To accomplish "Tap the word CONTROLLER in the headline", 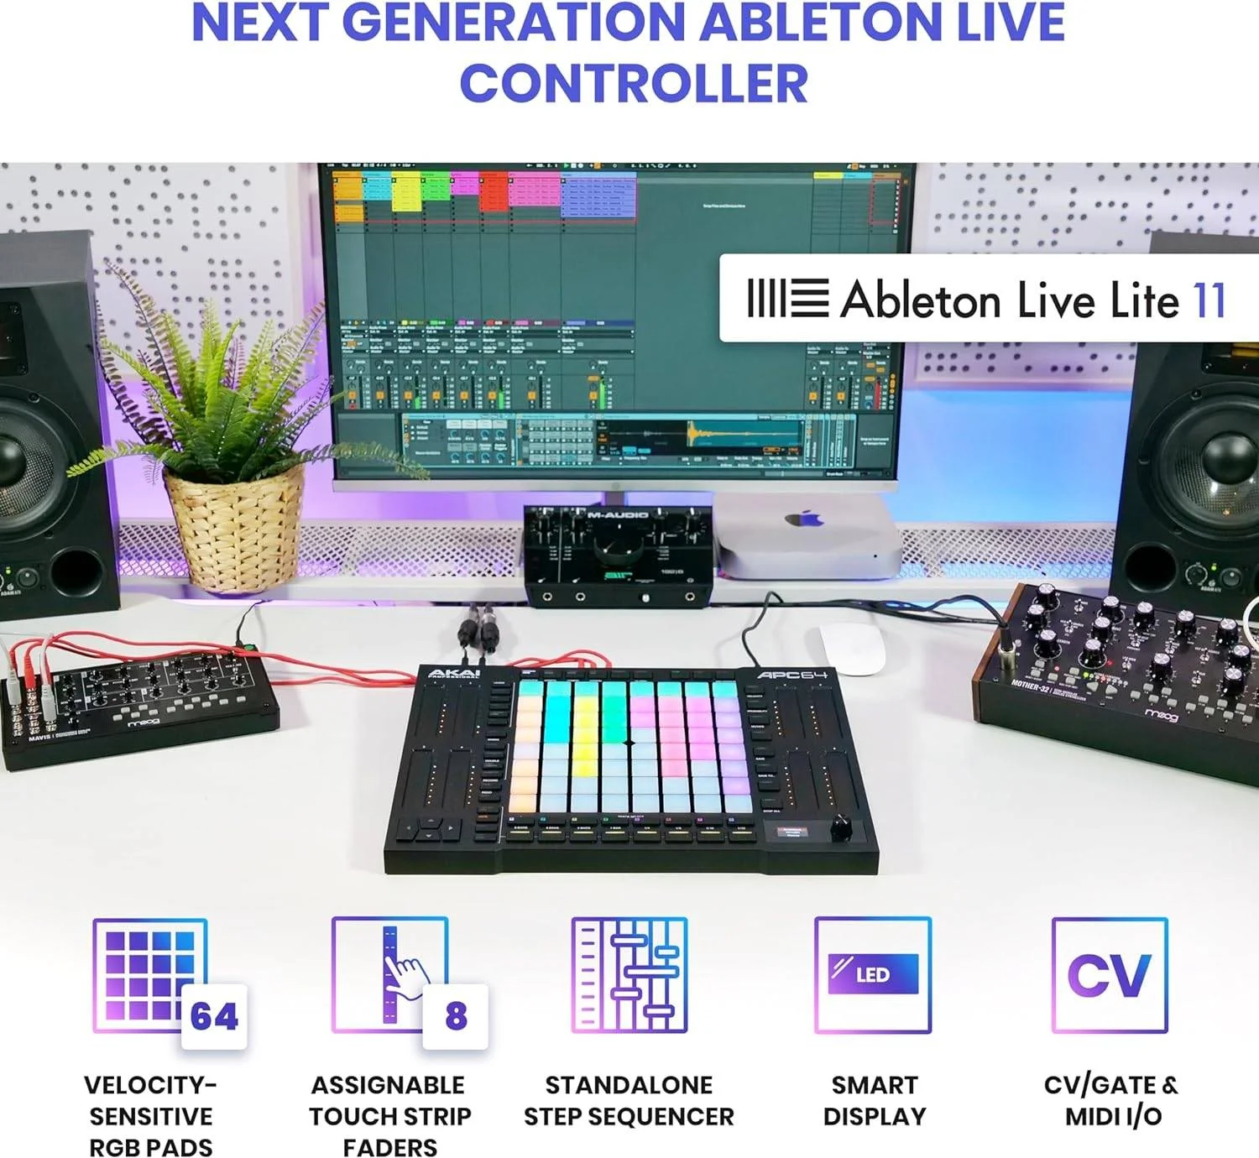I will click(634, 83).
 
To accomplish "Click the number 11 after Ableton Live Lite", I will click(1209, 300).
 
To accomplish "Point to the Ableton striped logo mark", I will click(787, 298).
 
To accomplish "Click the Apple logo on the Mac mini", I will click(803, 519).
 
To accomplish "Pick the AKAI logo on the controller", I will click(454, 673).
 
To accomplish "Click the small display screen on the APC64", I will click(791, 832).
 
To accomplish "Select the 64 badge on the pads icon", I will click(214, 1016).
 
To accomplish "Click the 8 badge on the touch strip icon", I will click(456, 1016).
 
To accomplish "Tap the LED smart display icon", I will click(873, 974).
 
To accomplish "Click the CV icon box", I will click(1110, 974).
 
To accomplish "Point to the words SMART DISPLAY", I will click(875, 1100).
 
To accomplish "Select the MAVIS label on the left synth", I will click(39, 738).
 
